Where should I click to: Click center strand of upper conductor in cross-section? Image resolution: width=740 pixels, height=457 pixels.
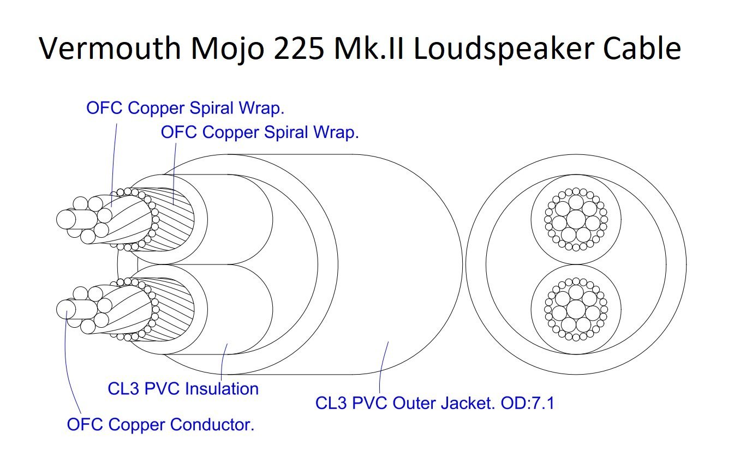click(x=576, y=220)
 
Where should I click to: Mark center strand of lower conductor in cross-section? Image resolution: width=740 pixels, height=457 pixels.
click(x=576, y=309)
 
